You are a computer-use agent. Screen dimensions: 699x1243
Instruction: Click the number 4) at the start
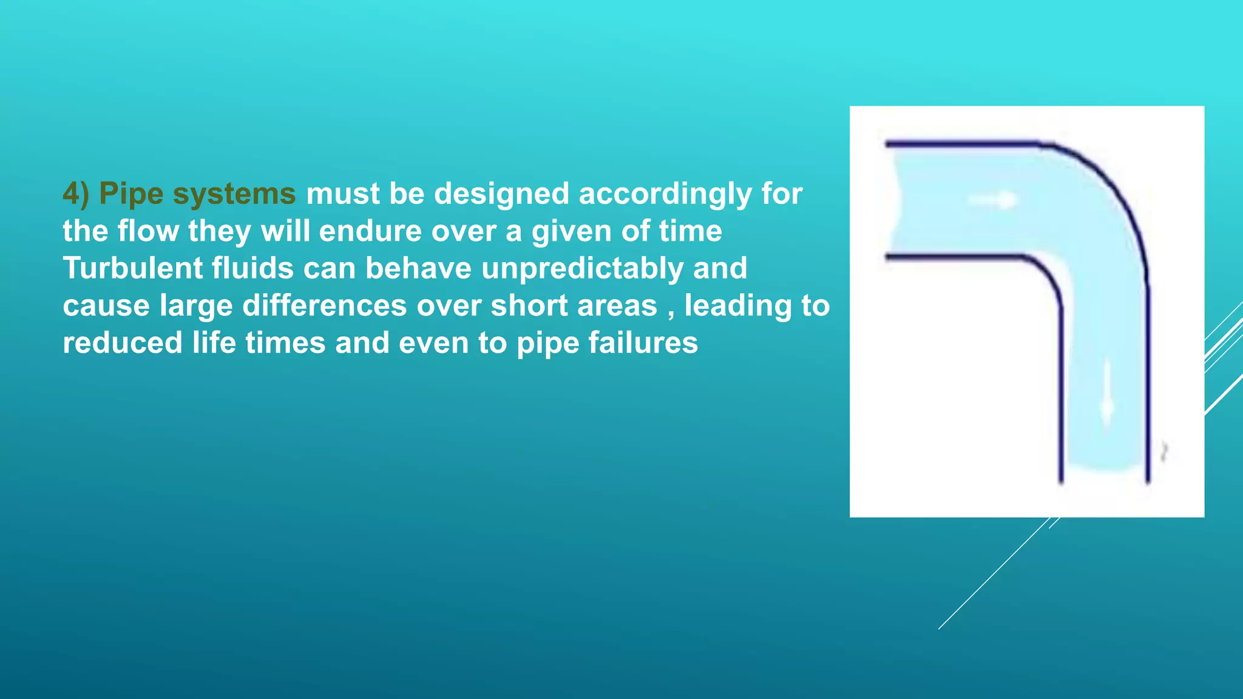75,194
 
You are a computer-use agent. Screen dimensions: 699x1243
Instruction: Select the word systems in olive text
234,194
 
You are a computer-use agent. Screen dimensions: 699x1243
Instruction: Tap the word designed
501,194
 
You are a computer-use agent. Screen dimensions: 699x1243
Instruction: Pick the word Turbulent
132,268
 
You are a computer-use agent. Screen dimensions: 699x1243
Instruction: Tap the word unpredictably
582,269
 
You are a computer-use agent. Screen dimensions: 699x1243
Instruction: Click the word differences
325,305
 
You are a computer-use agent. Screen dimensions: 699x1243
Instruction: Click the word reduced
123,343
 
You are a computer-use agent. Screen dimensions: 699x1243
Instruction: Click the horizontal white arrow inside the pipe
992,200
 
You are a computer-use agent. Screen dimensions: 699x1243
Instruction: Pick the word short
529,305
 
